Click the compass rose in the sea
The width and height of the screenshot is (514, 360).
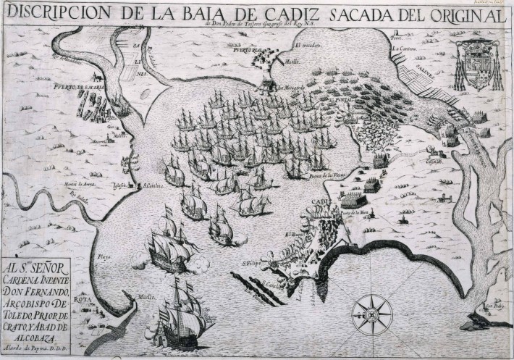(371, 314)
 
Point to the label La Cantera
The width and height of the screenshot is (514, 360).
(403, 49)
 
